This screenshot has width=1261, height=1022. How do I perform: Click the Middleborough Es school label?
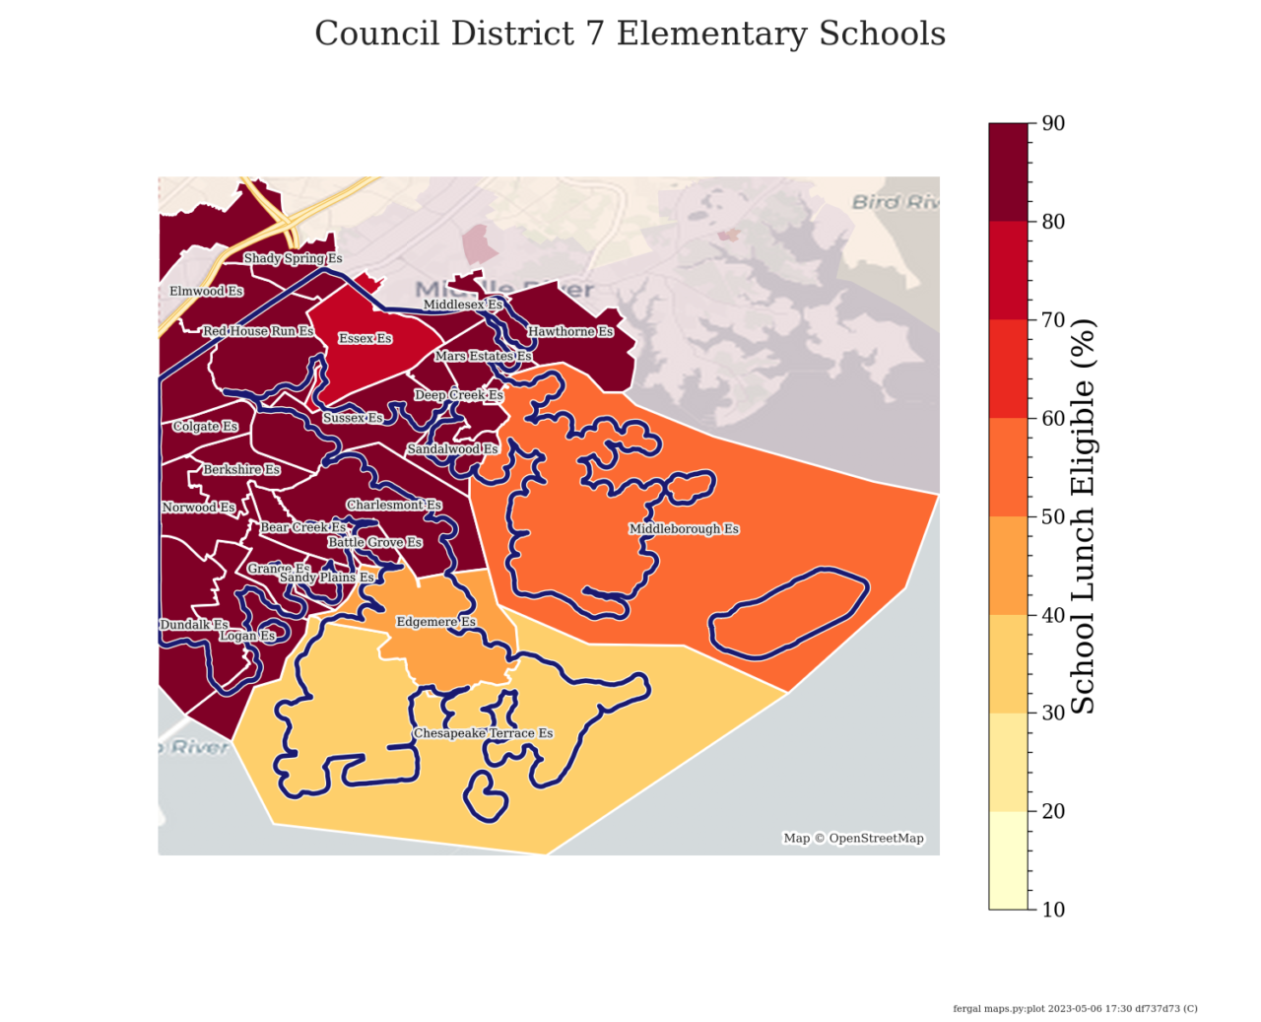point(684,529)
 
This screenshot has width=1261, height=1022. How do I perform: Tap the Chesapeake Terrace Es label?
point(483,733)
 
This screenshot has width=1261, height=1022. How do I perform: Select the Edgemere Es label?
point(435,622)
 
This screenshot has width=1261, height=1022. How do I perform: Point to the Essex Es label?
point(365,338)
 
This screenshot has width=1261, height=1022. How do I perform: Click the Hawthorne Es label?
point(570,332)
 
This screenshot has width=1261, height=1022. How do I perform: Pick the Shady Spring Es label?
point(293,258)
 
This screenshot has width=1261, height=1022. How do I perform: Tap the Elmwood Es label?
point(206,292)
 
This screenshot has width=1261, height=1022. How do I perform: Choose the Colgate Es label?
point(205,427)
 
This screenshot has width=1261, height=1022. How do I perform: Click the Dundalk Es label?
point(194,625)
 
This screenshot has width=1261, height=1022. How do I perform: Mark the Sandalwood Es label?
point(452,449)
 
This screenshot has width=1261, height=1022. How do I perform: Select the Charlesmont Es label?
point(393,506)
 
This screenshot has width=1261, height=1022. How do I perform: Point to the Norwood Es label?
point(199,508)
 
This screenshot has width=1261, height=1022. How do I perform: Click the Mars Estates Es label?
point(483,356)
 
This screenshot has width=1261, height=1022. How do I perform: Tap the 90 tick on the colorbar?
point(1053,123)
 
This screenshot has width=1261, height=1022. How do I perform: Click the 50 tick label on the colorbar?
point(1053,516)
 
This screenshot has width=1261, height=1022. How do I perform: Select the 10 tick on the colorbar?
point(1053,909)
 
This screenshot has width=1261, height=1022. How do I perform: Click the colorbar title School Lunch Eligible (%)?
point(1083,515)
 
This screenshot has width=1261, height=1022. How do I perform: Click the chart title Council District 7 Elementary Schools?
point(630,34)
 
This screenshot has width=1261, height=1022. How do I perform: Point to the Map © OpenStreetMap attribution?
point(853,839)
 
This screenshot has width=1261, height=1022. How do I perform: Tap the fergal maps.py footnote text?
point(1075,1008)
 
